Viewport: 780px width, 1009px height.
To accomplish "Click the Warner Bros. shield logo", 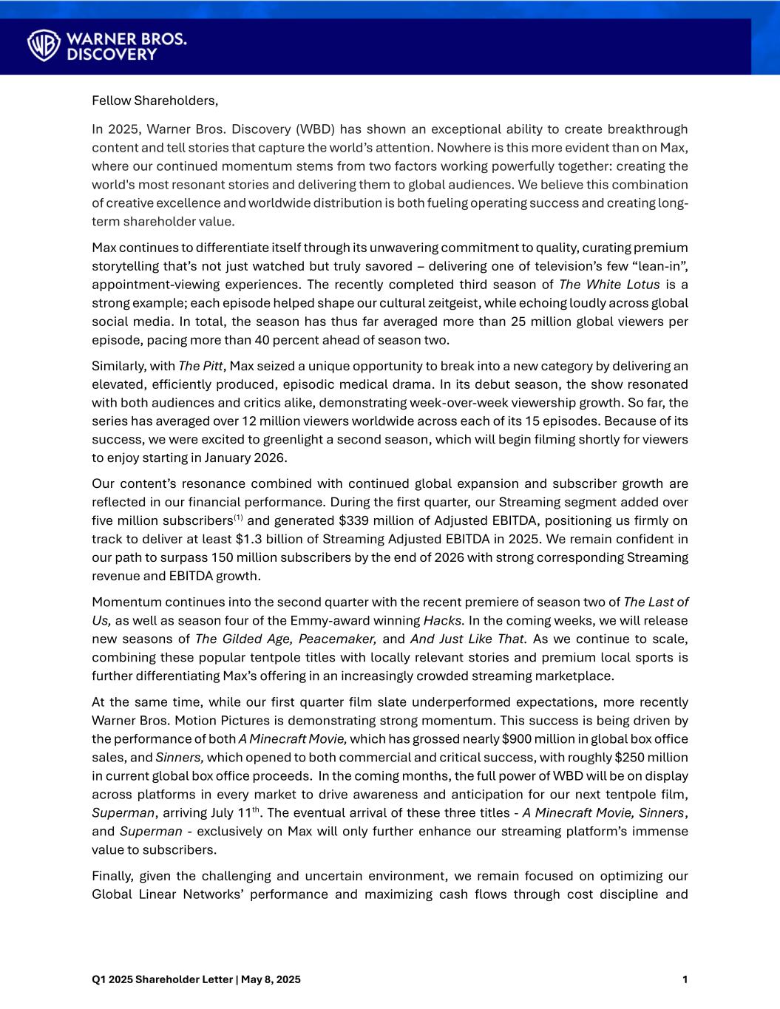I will coord(44,45).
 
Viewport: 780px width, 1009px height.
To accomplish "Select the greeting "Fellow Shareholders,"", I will coord(155,100).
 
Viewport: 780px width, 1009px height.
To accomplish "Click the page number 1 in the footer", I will coord(685,980).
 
